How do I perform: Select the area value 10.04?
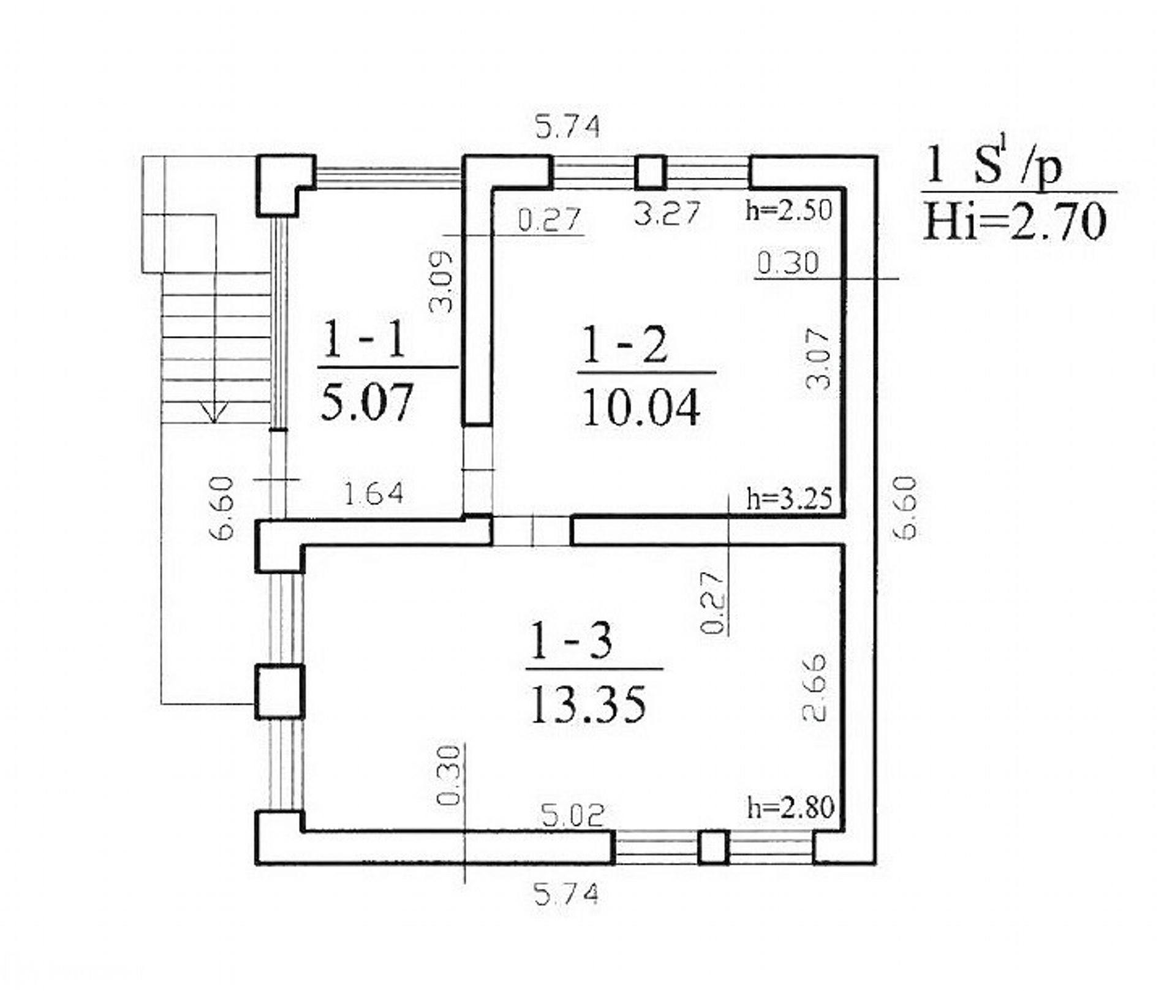point(641,409)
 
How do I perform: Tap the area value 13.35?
point(588,704)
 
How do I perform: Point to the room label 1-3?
point(570,642)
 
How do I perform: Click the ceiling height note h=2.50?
point(789,210)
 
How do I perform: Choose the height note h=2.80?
point(790,808)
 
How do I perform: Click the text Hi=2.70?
point(1015,222)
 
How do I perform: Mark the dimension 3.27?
point(667,214)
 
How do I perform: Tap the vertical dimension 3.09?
point(441,282)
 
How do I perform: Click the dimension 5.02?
point(573,815)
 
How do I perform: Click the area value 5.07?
point(367,402)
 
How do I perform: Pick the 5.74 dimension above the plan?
point(567,127)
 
